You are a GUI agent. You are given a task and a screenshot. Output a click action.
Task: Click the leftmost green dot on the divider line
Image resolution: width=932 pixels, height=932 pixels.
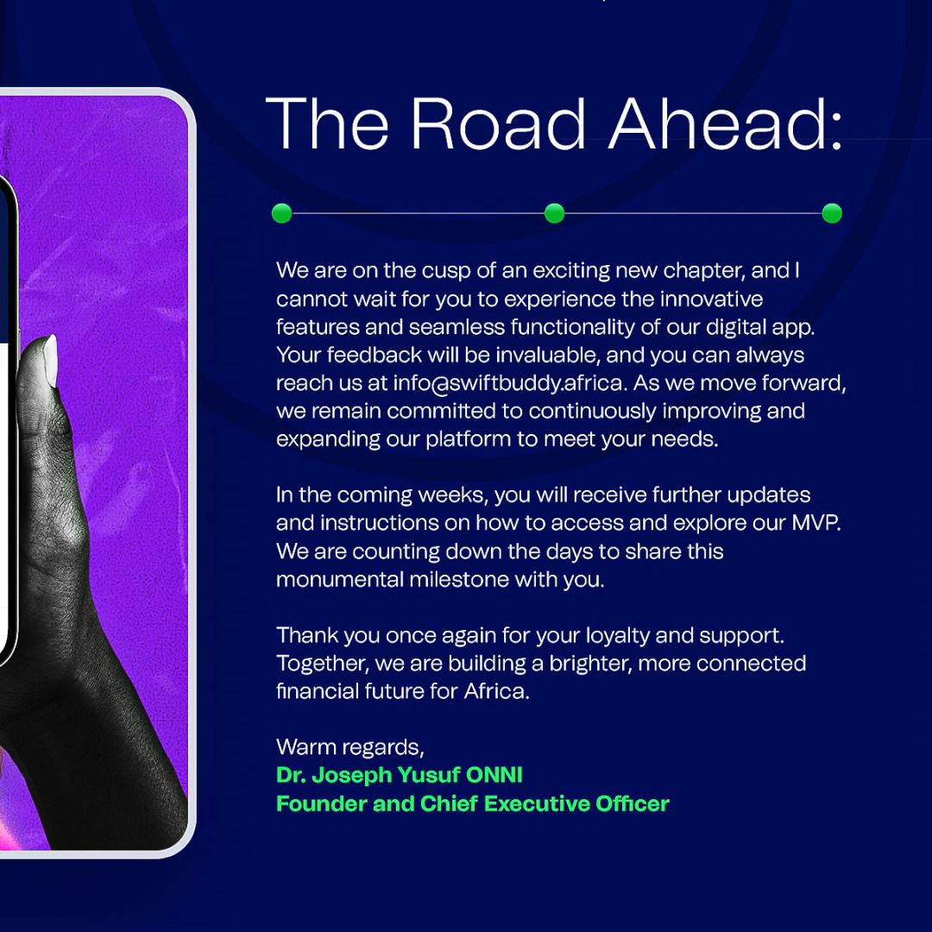(281, 213)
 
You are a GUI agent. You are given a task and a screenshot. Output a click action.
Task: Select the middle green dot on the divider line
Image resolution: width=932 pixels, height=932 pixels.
(554, 213)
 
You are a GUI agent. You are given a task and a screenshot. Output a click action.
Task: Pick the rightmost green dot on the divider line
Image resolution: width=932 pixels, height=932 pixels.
(832, 213)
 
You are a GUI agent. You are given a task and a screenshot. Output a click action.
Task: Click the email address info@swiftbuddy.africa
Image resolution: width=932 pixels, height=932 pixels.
(509, 383)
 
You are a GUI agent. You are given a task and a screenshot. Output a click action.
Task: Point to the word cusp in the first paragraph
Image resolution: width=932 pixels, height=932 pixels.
(446, 271)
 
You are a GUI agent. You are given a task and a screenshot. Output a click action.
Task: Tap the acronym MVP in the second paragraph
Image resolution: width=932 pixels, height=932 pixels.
(816, 522)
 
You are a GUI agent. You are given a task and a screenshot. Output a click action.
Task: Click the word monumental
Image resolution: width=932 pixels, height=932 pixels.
(339, 579)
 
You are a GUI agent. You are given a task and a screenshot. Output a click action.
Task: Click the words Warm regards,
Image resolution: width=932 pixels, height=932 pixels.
(350, 747)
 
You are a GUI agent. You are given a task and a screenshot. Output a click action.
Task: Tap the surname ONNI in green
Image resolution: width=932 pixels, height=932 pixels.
(494, 775)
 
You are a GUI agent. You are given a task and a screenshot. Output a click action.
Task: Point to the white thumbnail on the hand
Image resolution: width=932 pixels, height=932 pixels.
(51, 361)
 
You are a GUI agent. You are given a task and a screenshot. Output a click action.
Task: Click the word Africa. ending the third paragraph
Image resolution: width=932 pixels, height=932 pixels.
(496, 691)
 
